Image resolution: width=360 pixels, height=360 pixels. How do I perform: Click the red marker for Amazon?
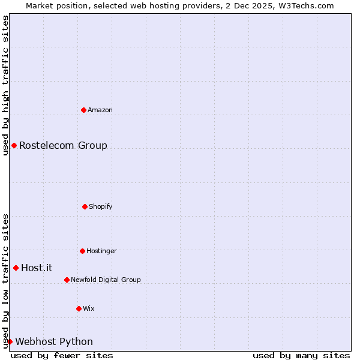(x=83, y=110)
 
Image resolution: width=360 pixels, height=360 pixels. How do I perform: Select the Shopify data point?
(x=85, y=206)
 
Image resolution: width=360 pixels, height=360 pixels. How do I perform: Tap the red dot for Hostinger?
(x=82, y=251)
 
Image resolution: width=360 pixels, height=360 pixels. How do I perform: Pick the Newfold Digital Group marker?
(x=67, y=280)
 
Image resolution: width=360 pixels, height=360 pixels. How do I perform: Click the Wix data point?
(x=79, y=308)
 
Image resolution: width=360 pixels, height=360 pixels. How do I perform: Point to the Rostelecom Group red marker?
(x=14, y=145)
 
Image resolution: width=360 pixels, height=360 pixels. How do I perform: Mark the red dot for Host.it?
(x=16, y=268)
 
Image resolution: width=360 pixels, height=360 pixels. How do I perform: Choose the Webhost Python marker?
(x=10, y=341)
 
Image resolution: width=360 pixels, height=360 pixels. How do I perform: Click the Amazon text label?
(x=100, y=110)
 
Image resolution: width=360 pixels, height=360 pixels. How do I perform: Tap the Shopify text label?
(x=100, y=206)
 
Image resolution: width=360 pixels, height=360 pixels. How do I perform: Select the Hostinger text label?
(x=101, y=251)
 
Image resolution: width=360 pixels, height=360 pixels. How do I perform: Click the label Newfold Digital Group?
(x=106, y=280)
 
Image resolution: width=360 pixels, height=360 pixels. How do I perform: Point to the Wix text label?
(x=89, y=308)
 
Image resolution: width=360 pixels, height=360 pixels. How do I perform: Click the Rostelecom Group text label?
(x=63, y=145)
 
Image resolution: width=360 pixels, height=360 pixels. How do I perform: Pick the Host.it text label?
(x=37, y=268)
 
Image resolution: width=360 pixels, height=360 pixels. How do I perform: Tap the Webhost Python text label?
(x=54, y=341)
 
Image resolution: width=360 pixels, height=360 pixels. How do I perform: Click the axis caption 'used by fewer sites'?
(x=62, y=355)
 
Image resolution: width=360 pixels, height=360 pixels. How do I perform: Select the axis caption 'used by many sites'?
(x=301, y=355)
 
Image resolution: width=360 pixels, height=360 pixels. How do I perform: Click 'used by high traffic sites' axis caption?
(x=5, y=85)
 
